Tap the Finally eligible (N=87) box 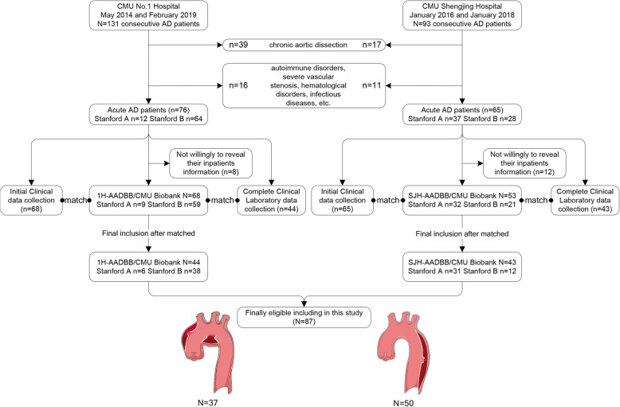tap(304, 316)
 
